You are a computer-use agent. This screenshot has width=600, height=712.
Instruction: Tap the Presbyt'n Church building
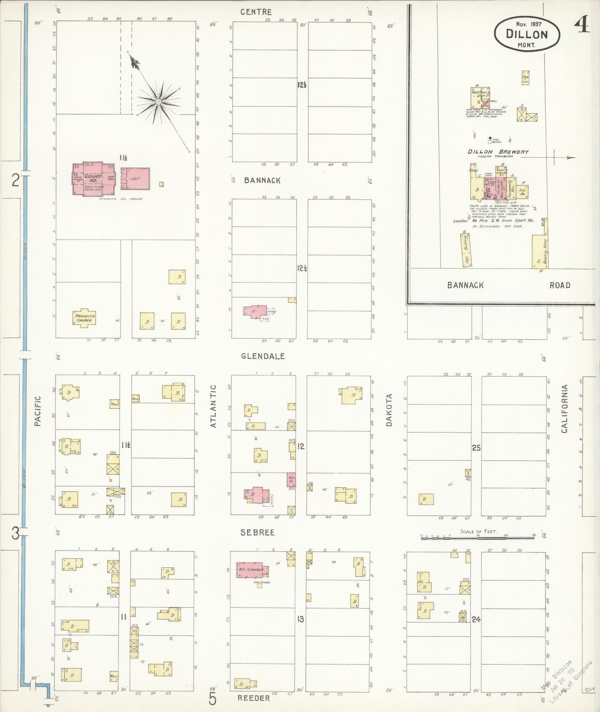tap(84, 318)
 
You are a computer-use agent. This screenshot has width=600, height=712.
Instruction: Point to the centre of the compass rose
tap(159, 101)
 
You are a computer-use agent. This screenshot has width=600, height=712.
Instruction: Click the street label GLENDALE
tap(263, 356)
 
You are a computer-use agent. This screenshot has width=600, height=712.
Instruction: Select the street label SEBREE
tap(257, 533)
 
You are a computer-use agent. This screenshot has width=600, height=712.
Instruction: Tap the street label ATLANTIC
tap(213, 406)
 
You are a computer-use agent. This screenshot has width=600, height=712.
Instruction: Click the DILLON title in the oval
tap(527, 35)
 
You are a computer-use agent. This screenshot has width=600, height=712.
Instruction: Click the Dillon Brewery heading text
tap(498, 152)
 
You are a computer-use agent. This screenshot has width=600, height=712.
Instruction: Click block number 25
tap(476, 448)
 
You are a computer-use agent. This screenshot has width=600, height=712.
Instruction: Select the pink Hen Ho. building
tap(291, 479)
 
